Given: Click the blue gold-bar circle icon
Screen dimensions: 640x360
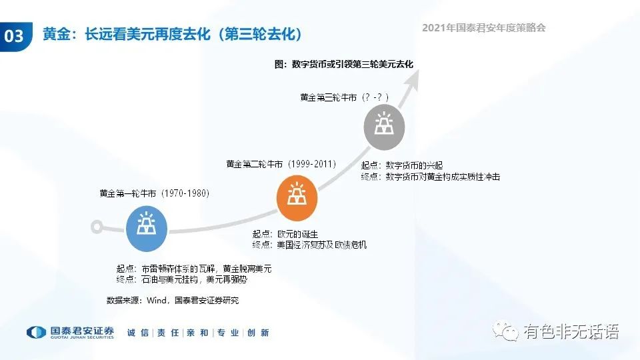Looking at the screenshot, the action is [x=147, y=229].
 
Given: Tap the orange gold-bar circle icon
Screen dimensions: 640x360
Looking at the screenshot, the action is [x=297, y=198].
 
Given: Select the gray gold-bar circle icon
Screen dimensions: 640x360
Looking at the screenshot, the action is [x=384, y=127].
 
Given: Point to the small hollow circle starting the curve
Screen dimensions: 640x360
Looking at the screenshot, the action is [x=97, y=227].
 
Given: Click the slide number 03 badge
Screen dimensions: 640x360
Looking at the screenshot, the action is [x=15, y=36].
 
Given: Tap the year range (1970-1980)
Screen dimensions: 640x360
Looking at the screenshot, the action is [x=185, y=193].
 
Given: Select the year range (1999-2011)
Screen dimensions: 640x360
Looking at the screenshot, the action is [x=312, y=164].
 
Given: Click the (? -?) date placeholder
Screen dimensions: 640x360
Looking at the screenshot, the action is [x=375, y=97].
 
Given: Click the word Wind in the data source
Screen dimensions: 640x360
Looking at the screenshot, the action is [x=156, y=301].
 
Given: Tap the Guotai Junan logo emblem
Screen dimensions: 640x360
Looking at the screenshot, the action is [x=36, y=332].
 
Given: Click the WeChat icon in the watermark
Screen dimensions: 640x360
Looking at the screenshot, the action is [x=505, y=331].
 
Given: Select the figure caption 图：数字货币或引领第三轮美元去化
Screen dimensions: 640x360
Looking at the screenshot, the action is [x=344, y=64].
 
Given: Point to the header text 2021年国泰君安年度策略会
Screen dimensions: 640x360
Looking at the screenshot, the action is [x=484, y=28].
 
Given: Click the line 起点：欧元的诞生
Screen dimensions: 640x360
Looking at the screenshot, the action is [x=285, y=234].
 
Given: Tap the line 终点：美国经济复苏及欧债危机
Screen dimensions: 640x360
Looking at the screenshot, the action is [x=309, y=245].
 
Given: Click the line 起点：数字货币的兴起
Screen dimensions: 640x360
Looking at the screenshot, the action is [x=402, y=165].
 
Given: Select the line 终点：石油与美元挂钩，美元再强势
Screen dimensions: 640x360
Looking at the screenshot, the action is [x=181, y=279].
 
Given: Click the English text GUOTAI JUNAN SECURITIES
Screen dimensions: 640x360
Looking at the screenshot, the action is [x=82, y=337].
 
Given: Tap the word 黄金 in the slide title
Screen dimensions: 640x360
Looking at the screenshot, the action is [x=56, y=34].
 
